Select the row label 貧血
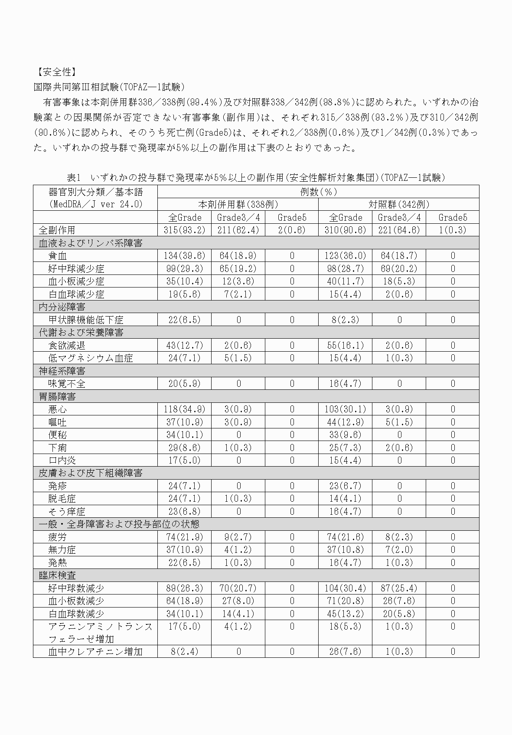tap(57, 256)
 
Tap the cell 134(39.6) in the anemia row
tap(184, 256)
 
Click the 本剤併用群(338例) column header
tap(238, 204)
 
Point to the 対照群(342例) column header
tap(399, 204)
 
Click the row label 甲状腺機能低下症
tap(85, 320)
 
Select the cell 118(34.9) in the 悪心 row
tap(184, 409)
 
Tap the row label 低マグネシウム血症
tap(90, 358)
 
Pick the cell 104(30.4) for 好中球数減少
tap(345, 588)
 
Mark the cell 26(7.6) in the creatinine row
tap(345, 652)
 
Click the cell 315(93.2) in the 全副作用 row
tap(184, 230)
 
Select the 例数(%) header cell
tap(318, 192)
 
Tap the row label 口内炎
tap(62, 461)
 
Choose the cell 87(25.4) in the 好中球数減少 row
tap(399, 588)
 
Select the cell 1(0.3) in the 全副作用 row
tap(452, 230)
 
